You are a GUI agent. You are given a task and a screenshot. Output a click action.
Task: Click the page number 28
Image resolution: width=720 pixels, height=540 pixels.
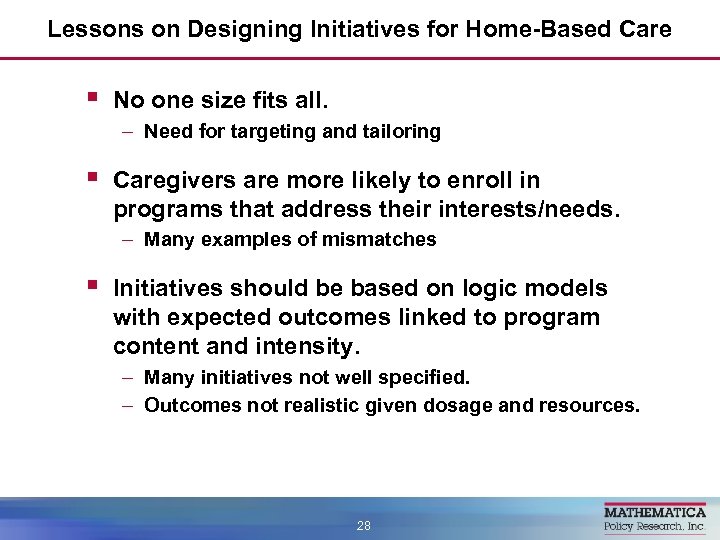coord(364,525)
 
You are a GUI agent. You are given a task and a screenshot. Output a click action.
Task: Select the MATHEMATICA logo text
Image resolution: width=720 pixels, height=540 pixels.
coord(654,511)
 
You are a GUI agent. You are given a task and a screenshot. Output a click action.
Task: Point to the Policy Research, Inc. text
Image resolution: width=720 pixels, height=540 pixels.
coord(654,526)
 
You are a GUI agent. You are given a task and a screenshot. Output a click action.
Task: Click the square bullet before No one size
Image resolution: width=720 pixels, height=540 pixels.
coord(91,98)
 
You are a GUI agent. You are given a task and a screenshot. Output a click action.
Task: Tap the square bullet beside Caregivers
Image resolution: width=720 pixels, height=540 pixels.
coord(91,179)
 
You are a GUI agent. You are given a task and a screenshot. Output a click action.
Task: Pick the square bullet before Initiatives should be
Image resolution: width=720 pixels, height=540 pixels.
coord(91,287)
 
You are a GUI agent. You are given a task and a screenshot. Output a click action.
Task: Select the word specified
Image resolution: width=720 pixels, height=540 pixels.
coord(427,377)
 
